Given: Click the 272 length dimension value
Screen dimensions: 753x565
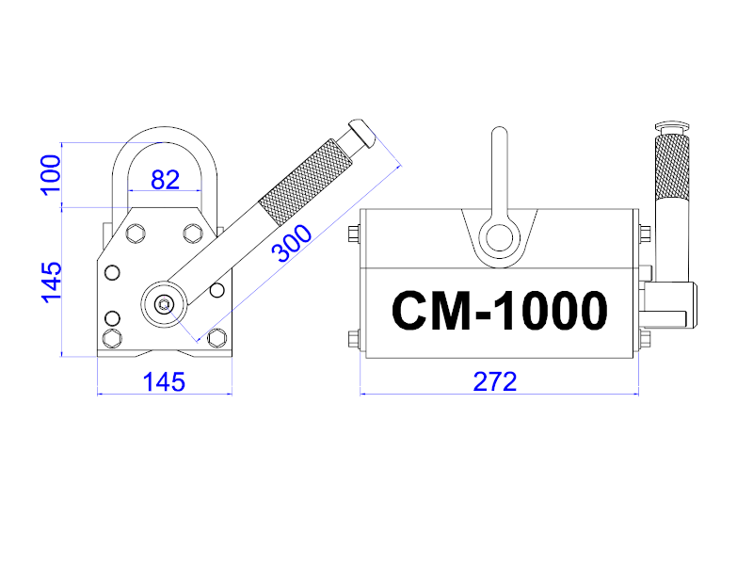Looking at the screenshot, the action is point(495,382).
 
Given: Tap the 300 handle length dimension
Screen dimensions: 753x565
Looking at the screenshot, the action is point(292,244).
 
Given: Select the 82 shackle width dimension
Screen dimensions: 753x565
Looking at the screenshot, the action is point(166,180).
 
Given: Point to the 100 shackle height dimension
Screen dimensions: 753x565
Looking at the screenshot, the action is point(51,175).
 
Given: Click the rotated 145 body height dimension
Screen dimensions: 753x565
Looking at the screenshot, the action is point(52,282).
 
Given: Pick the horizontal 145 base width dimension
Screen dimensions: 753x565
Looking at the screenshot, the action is point(164,382).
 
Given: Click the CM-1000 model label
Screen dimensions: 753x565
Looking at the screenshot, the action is point(500,311).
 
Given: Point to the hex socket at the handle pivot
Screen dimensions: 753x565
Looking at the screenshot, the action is point(164,304).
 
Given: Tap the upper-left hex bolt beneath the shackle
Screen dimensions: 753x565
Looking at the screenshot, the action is point(136,234).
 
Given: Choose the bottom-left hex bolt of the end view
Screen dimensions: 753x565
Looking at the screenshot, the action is point(112,338).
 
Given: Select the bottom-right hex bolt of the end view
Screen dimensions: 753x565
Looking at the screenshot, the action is point(217,338).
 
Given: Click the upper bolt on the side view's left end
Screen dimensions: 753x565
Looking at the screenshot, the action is point(354,234).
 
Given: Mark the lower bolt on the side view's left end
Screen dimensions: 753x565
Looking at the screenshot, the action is point(354,339).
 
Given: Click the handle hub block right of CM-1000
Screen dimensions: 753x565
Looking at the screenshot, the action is point(671,305).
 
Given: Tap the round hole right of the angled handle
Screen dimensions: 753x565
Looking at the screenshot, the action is point(217,290).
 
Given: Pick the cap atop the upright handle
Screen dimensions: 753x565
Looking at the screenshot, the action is point(672,127).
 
